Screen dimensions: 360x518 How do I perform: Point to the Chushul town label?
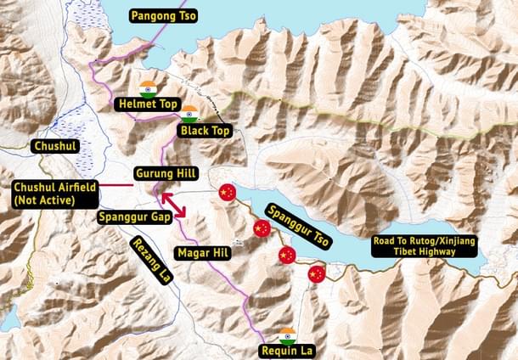point(54,147)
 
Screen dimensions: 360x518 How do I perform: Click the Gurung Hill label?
point(166,174)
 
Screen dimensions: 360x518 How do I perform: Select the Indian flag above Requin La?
point(287,335)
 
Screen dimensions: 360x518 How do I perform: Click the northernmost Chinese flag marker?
point(225,193)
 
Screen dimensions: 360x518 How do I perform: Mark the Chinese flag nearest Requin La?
point(316,274)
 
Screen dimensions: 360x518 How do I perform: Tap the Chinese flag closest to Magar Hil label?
point(262,228)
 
